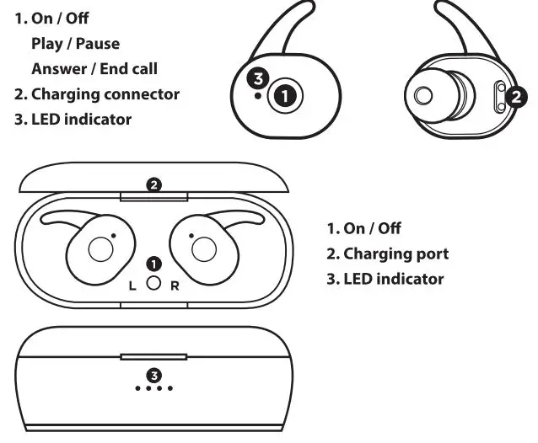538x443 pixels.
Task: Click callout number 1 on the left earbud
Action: (288, 95)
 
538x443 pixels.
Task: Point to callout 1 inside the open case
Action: (153, 264)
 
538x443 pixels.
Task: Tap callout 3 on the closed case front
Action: (153, 374)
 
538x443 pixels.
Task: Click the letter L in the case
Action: (132, 286)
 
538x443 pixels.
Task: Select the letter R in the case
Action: (175, 286)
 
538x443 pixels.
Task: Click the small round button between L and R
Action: (153, 284)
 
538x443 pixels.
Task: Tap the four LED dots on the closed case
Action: (153, 388)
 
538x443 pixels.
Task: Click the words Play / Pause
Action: (75, 44)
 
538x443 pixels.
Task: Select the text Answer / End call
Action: (94, 69)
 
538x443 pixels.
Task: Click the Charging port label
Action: (387, 254)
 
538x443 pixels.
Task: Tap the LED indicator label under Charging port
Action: (385, 279)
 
